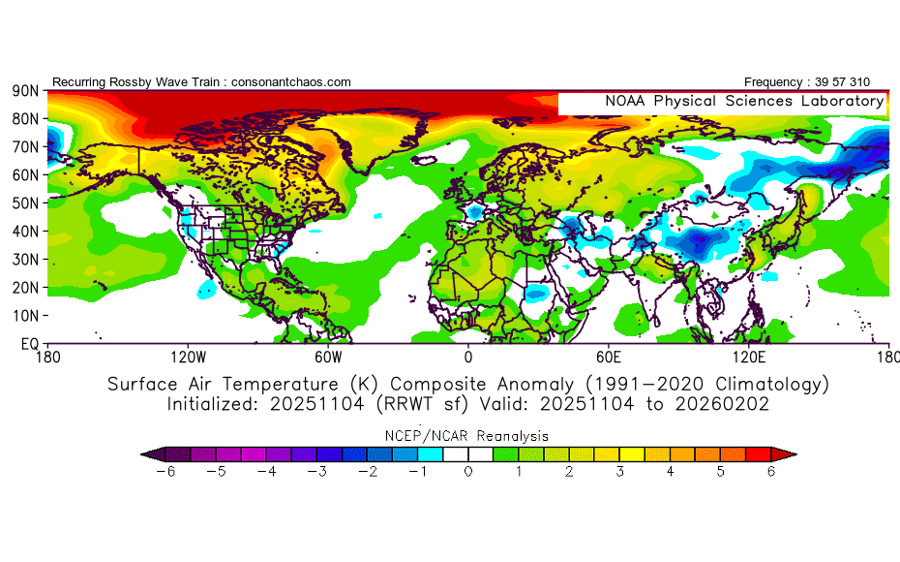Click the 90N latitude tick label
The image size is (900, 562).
coord(25,91)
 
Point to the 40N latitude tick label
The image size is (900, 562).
coord(25,232)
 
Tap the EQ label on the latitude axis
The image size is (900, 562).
coord(29,344)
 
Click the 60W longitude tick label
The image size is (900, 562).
coord(328,357)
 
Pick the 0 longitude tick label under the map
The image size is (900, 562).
coord(468,357)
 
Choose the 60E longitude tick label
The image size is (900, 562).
coord(609,357)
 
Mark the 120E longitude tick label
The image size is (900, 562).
coord(749,357)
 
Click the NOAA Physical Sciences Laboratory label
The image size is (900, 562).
coord(744,101)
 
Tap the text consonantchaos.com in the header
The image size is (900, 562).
coord(288,82)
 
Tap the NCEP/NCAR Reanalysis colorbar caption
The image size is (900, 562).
coord(468,435)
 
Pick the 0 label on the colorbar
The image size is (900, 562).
coord(467,471)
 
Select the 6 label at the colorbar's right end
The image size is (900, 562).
coord(771,471)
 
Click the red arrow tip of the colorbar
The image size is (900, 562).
coord(789,453)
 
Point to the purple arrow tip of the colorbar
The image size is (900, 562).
coord(148,453)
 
